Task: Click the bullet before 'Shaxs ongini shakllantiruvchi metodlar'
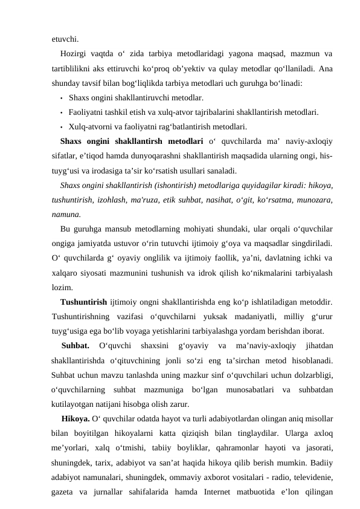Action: click(x=62, y=98)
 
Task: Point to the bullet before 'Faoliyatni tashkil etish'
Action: click(x=62, y=112)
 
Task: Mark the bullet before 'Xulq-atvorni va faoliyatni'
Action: click(x=62, y=127)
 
